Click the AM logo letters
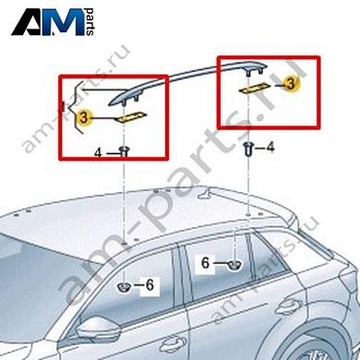(48, 21)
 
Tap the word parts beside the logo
(90, 21)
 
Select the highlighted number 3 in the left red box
(84, 118)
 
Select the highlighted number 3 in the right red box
(290, 83)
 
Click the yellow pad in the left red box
(131, 116)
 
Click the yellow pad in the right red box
(255, 88)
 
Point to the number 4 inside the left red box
(98, 152)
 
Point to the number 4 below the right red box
(270, 148)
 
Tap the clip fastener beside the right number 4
(248, 149)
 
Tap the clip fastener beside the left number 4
(124, 151)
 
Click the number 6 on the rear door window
(205, 263)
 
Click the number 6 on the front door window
(150, 285)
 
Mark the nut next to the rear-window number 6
(234, 265)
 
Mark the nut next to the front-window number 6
(124, 287)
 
